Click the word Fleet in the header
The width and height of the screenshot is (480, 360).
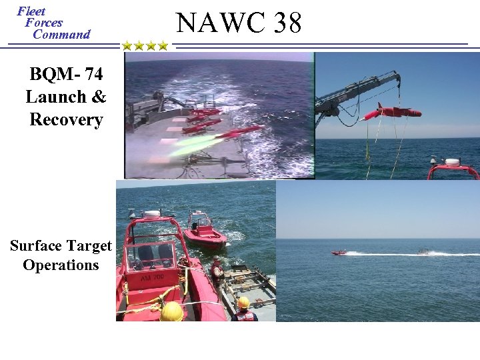(31, 11)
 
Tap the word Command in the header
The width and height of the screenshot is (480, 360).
(61, 34)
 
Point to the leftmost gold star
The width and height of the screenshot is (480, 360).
(127, 46)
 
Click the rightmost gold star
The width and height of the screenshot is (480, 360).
(163, 46)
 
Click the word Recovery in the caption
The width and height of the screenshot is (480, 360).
(66, 120)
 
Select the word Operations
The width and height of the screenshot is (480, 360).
(61, 265)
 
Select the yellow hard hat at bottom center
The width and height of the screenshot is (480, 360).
(171, 312)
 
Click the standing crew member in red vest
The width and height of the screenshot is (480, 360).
(217, 273)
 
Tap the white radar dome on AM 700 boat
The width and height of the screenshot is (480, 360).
(153, 215)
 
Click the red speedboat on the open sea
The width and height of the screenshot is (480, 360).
(340, 252)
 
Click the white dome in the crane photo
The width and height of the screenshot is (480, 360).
(453, 162)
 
